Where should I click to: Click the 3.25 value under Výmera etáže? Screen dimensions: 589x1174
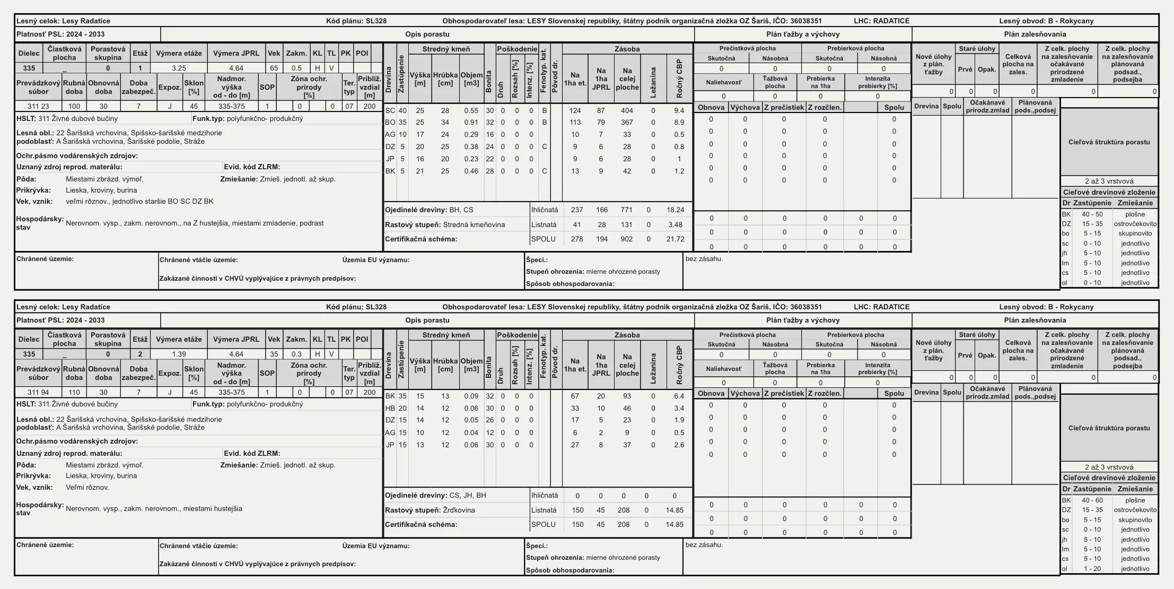click(x=179, y=68)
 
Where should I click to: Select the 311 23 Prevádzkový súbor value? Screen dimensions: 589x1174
click(x=38, y=106)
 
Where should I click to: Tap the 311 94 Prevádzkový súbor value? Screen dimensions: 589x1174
click(x=38, y=392)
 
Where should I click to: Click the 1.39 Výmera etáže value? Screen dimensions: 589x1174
click(x=179, y=354)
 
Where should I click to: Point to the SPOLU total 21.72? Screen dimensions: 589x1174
click(x=675, y=239)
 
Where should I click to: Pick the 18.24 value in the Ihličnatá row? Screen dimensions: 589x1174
click(x=675, y=210)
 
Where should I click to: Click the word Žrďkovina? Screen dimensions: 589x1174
click(x=459, y=510)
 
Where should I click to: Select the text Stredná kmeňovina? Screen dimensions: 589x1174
click(x=474, y=224)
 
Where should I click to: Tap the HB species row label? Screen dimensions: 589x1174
click(x=390, y=408)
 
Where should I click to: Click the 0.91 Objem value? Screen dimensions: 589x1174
click(x=471, y=123)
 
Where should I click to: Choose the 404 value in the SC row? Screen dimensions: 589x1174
click(x=627, y=110)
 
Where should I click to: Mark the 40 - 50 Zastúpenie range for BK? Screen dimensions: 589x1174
click(x=1092, y=214)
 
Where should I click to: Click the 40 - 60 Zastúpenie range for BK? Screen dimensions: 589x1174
click(x=1092, y=500)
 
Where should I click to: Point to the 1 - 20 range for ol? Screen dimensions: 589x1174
click(x=1092, y=569)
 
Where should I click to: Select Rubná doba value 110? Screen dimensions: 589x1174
click(x=74, y=392)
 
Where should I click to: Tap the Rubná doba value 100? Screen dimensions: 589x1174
click(x=74, y=106)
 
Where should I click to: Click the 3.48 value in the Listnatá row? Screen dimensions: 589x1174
click(x=675, y=224)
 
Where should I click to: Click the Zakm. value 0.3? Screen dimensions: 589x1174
click(x=296, y=354)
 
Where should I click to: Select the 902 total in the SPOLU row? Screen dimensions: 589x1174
click(x=627, y=239)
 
